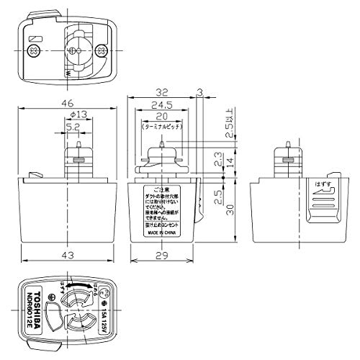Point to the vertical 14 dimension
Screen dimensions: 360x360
click(230, 163)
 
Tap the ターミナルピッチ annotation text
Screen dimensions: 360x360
click(159, 126)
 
